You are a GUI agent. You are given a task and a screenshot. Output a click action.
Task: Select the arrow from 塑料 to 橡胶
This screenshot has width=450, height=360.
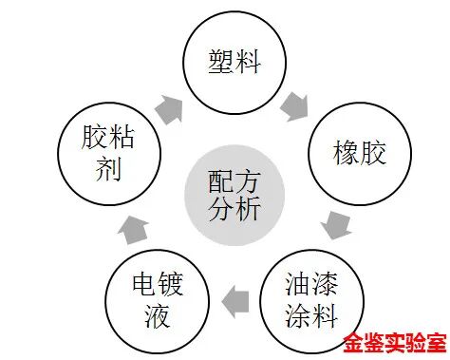tap(295, 104)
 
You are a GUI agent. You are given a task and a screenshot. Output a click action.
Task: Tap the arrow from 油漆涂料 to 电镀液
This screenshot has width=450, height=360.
tap(235, 301)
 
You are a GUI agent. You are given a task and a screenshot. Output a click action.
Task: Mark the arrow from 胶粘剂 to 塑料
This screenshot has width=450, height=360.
tap(169, 106)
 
